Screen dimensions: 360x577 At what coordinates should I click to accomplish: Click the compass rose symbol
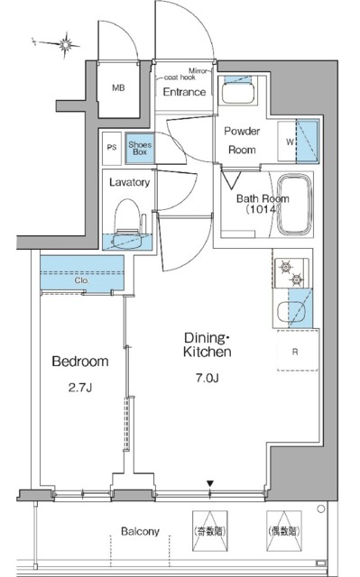pos(66,45)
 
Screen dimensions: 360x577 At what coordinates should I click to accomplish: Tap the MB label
pos(118,88)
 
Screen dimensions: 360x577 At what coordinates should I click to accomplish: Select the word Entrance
pos(184,92)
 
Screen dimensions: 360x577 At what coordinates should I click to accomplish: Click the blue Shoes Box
pos(140,148)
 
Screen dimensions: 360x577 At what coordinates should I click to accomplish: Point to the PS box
pos(112,148)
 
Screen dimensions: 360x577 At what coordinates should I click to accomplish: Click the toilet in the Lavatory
pos(128,224)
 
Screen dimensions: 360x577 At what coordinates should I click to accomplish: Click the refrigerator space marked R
pos(297,351)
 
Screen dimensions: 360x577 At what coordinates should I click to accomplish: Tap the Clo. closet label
pos(82,280)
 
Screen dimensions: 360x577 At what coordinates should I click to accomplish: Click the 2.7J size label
pos(80,388)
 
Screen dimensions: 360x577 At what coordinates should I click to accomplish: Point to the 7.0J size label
pos(208,379)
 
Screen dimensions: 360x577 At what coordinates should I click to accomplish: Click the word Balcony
pos(140,531)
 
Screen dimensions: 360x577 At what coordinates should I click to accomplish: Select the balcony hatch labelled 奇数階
pos(210,530)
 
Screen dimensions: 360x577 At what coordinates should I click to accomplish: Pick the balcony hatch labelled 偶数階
pos(284,530)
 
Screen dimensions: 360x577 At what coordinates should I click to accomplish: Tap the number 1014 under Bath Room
pos(262,209)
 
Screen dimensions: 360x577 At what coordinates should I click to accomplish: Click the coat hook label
pos(180,78)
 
